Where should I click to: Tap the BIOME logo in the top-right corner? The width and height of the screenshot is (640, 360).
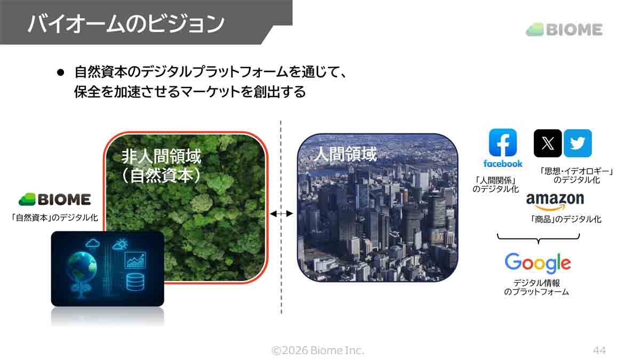tap(564, 30)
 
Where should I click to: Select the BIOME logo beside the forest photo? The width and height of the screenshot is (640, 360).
tap(55, 199)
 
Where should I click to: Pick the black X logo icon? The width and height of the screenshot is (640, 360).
tap(548, 143)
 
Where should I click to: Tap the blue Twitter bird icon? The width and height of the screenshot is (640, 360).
tap(578, 143)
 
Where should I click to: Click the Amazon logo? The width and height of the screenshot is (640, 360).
tap(555, 202)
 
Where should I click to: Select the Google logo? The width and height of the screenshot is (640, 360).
tap(537, 263)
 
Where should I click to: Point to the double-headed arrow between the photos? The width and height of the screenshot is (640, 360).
tap(281, 214)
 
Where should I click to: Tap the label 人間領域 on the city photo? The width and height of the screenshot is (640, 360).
tap(345, 155)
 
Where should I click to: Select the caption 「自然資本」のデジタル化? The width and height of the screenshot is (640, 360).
tap(55, 218)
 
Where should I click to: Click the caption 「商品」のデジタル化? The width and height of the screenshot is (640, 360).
tap(566, 219)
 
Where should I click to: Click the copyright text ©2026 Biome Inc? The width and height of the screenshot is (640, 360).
tap(318, 350)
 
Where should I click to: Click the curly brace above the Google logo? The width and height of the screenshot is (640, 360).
tap(537, 238)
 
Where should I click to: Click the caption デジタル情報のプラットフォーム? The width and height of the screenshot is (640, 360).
tap(537, 287)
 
